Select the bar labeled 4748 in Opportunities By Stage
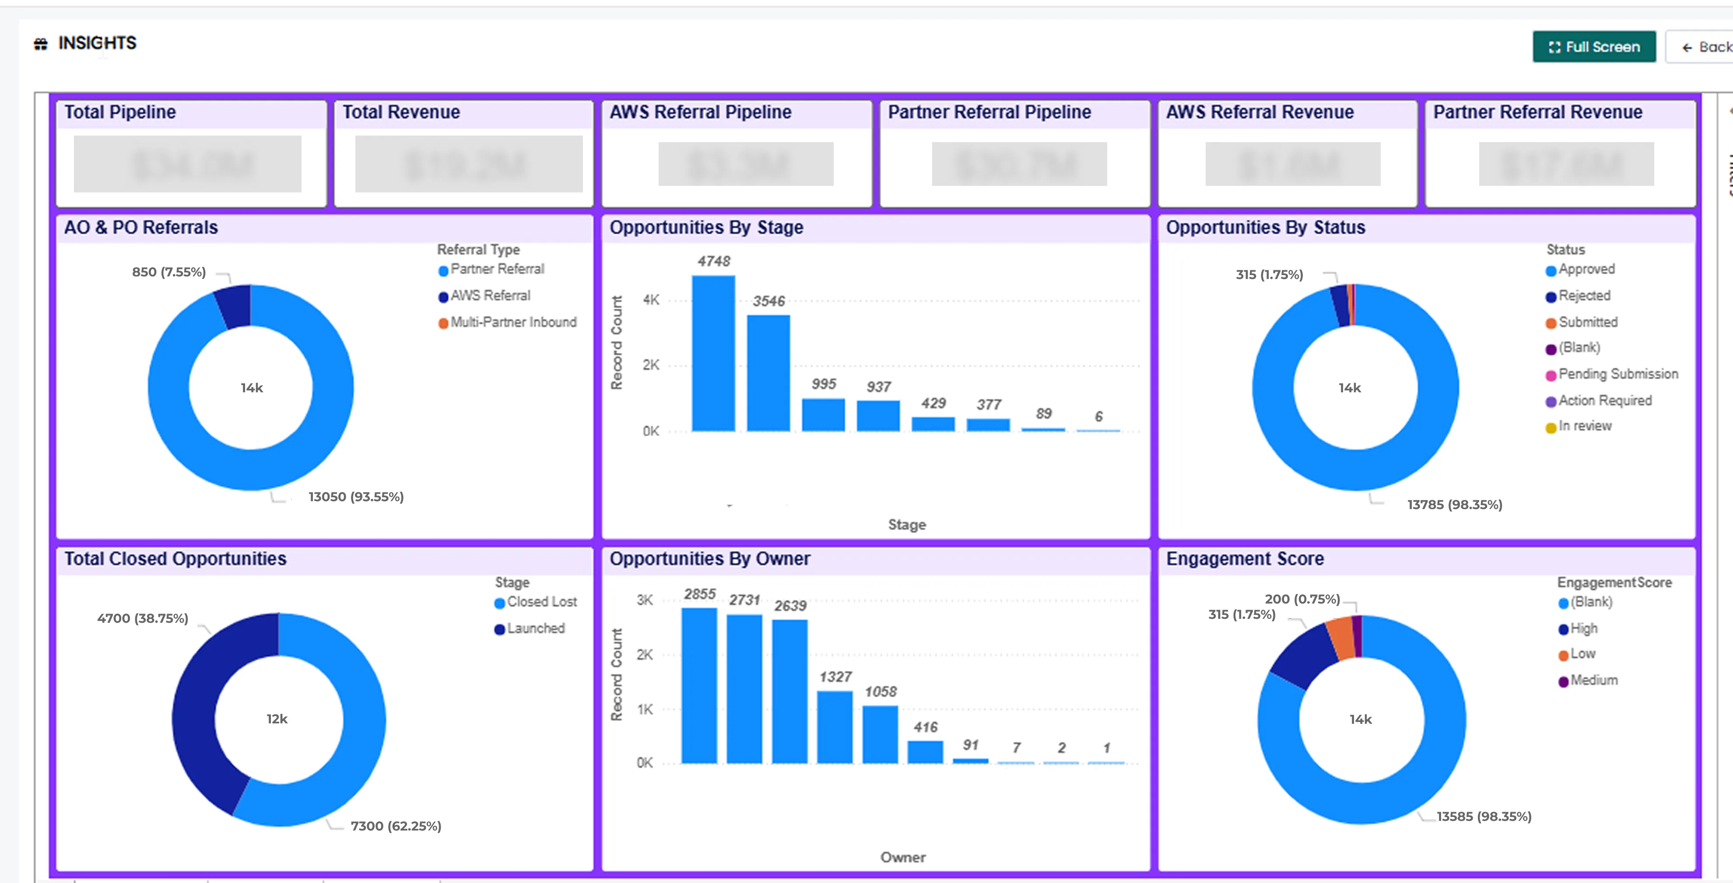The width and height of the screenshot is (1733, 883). click(x=713, y=353)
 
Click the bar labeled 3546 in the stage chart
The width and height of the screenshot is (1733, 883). click(x=768, y=373)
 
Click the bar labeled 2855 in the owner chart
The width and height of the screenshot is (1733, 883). click(x=699, y=686)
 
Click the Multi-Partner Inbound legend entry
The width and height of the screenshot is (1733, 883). click(x=512, y=322)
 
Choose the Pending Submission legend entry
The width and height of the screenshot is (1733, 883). click(x=1617, y=374)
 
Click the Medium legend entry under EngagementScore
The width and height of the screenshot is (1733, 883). click(x=1593, y=680)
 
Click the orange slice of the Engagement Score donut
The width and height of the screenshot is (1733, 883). click(x=1341, y=638)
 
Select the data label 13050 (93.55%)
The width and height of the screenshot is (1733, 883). click(x=356, y=497)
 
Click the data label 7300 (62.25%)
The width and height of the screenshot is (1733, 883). click(x=396, y=826)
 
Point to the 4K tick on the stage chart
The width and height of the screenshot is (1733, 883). click(x=651, y=300)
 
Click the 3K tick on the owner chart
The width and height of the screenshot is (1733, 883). click(x=645, y=600)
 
